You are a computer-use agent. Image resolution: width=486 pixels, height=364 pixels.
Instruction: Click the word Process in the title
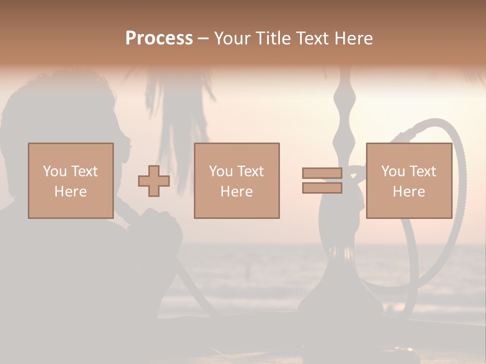coord(159,38)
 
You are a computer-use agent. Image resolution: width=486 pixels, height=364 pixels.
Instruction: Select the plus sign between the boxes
coord(154,181)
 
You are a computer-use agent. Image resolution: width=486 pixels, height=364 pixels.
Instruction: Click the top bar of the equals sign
coord(322,173)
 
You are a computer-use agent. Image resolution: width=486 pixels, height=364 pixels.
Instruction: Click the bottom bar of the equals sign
coord(322,188)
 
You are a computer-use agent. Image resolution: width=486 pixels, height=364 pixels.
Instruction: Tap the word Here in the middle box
coord(236,192)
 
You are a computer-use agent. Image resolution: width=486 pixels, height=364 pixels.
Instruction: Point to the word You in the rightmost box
coord(392,171)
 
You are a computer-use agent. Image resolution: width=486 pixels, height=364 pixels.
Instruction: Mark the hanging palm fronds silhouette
coord(177,106)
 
